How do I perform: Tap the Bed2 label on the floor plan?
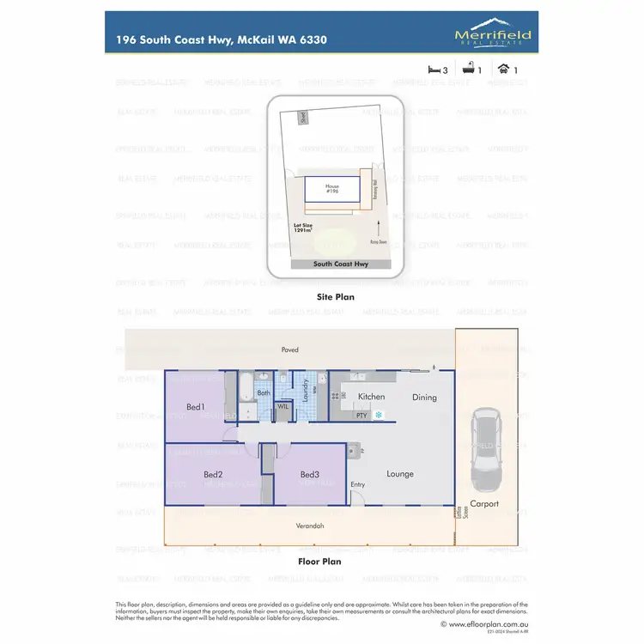tap(214, 474)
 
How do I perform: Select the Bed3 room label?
tap(310, 474)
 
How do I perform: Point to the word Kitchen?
tap(371, 397)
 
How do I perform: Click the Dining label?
tap(424, 397)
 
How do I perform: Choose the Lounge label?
tap(400, 473)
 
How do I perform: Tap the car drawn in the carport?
tap(485, 446)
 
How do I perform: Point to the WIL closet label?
tap(283, 406)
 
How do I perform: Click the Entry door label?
tap(357, 485)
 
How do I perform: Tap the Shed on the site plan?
tap(302, 117)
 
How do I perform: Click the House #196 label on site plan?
tap(332, 189)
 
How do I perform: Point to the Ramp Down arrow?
tap(377, 228)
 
